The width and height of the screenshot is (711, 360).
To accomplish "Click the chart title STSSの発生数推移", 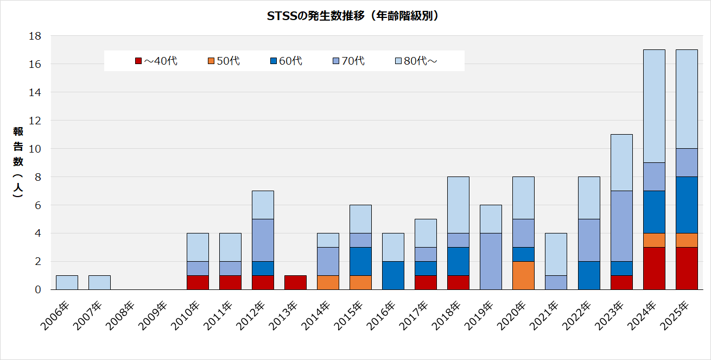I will (353, 16).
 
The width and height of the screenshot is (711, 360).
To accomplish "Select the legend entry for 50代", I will (223, 61).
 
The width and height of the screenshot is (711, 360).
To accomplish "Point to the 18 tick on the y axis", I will (35, 36).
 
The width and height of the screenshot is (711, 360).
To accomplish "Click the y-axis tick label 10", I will (35, 149).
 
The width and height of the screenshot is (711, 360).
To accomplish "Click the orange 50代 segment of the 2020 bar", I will (523, 275).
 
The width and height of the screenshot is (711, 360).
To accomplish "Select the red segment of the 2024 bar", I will (654, 268).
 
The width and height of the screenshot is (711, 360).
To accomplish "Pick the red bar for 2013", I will (295, 282).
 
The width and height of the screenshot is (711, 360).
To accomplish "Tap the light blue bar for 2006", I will (67, 282).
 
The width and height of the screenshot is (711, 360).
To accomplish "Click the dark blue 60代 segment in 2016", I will (393, 275).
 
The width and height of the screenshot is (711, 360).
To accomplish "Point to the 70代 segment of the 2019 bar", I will (491, 261).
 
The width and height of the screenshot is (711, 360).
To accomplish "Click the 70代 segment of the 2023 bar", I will (621, 226).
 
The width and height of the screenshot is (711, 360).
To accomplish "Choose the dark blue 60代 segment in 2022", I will (589, 275).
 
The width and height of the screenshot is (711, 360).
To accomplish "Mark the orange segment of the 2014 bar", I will (328, 282).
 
